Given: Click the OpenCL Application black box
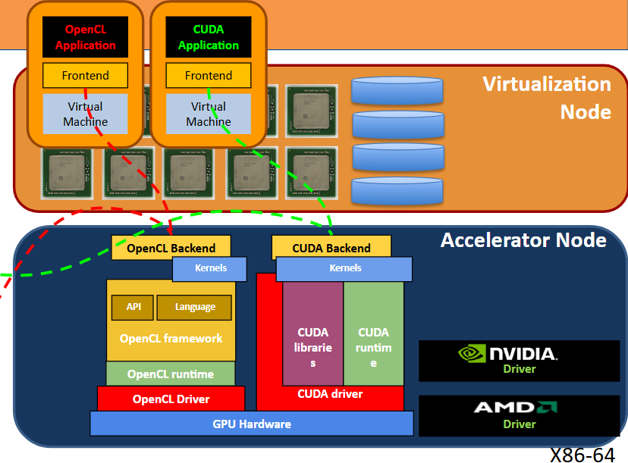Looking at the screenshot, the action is pyautogui.click(x=85, y=37).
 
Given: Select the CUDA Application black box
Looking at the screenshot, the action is pyautogui.click(x=209, y=37).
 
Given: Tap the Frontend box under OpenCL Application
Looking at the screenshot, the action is pyautogui.click(x=85, y=75).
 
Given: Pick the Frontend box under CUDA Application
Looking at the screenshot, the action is pyautogui.click(x=209, y=75).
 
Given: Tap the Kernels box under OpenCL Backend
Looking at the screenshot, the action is pyautogui.click(x=210, y=268).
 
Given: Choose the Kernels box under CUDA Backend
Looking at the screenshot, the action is pyautogui.click(x=344, y=268).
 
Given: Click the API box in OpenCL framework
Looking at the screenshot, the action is pyautogui.click(x=133, y=308).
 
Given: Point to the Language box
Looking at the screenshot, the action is pyautogui.click(x=194, y=308).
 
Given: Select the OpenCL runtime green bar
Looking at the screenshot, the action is pyautogui.click(x=171, y=374).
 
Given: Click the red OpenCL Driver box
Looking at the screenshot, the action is pyautogui.click(x=171, y=399).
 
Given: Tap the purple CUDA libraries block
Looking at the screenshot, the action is pyautogui.click(x=312, y=333).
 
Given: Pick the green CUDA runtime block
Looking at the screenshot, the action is pyautogui.click(x=373, y=333).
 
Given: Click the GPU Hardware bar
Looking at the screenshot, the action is pyautogui.click(x=252, y=424).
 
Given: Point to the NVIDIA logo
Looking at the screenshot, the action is pyautogui.click(x=507, y=353).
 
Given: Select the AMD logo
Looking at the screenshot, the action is pyautogui.click(x=516, y=408).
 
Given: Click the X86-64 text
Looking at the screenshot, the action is pyautogui.click(x=582, y=455).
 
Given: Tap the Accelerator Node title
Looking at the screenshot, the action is pyautogui.click(x=523, y=240).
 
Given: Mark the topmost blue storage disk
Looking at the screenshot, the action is pyautogui.click(x=397, y=91).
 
